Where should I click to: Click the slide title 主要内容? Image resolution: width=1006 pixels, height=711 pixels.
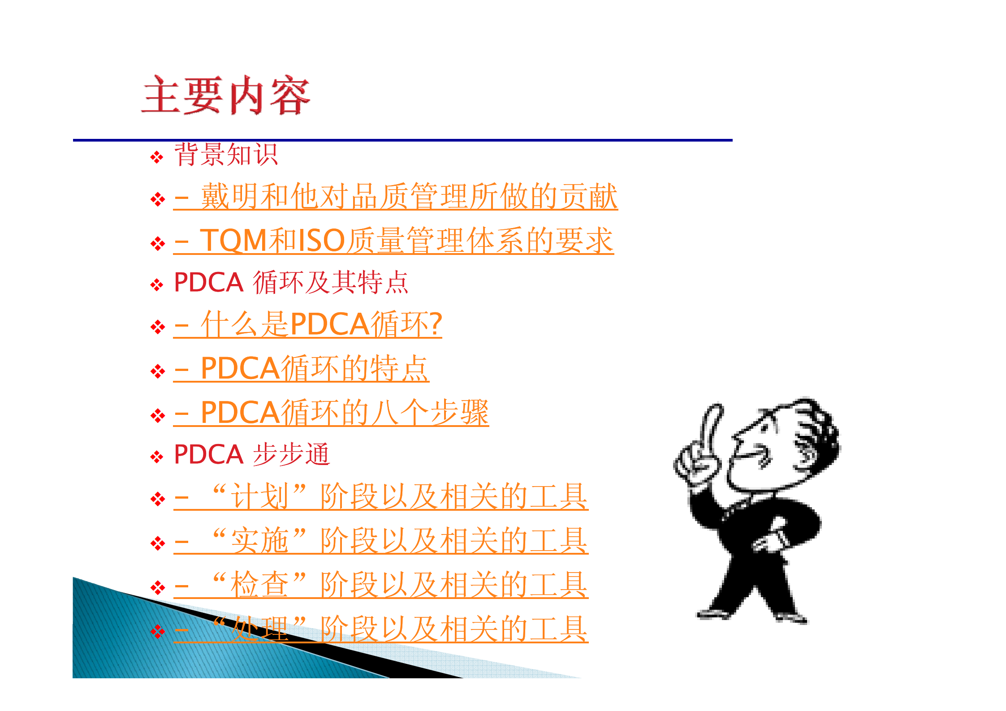point(225,95)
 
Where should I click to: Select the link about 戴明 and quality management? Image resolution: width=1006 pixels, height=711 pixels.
point(395,197)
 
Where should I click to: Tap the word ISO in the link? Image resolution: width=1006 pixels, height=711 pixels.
point(321,241)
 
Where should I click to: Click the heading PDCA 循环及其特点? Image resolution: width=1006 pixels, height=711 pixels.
point(291,283)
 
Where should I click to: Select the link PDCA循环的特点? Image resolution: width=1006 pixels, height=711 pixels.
point(301,369)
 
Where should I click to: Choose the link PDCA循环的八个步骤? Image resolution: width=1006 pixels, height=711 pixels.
point(331,413)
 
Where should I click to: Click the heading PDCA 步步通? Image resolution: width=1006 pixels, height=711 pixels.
point(252,455)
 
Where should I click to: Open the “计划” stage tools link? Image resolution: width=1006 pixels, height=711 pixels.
point(381,497)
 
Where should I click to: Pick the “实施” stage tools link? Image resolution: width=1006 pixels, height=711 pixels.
point(381,541)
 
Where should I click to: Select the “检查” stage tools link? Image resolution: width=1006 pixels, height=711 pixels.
point(381,585)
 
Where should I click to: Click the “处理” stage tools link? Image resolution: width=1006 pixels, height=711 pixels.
point(381,629)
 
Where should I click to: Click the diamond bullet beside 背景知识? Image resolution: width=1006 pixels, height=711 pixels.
point(157,157)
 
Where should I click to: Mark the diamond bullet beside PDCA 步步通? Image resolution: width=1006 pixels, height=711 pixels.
point(157,457)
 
